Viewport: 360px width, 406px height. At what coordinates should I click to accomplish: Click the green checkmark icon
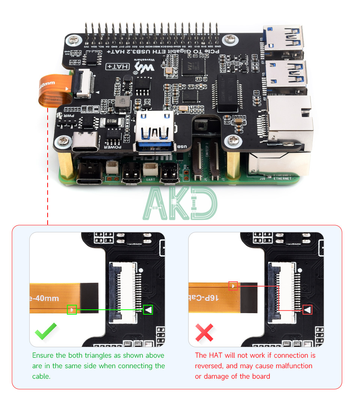[x=46, y=331]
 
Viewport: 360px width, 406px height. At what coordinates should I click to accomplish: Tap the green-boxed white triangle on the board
[x=148, y=310]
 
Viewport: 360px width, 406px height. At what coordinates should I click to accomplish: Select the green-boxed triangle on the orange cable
[x=72, y=310]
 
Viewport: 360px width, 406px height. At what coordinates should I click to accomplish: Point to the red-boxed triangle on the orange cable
[x=233, y=286]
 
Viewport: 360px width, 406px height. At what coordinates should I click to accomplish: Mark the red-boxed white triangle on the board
[x=307, y=310]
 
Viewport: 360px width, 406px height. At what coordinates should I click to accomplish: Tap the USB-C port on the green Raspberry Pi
[x=89, y=176]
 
